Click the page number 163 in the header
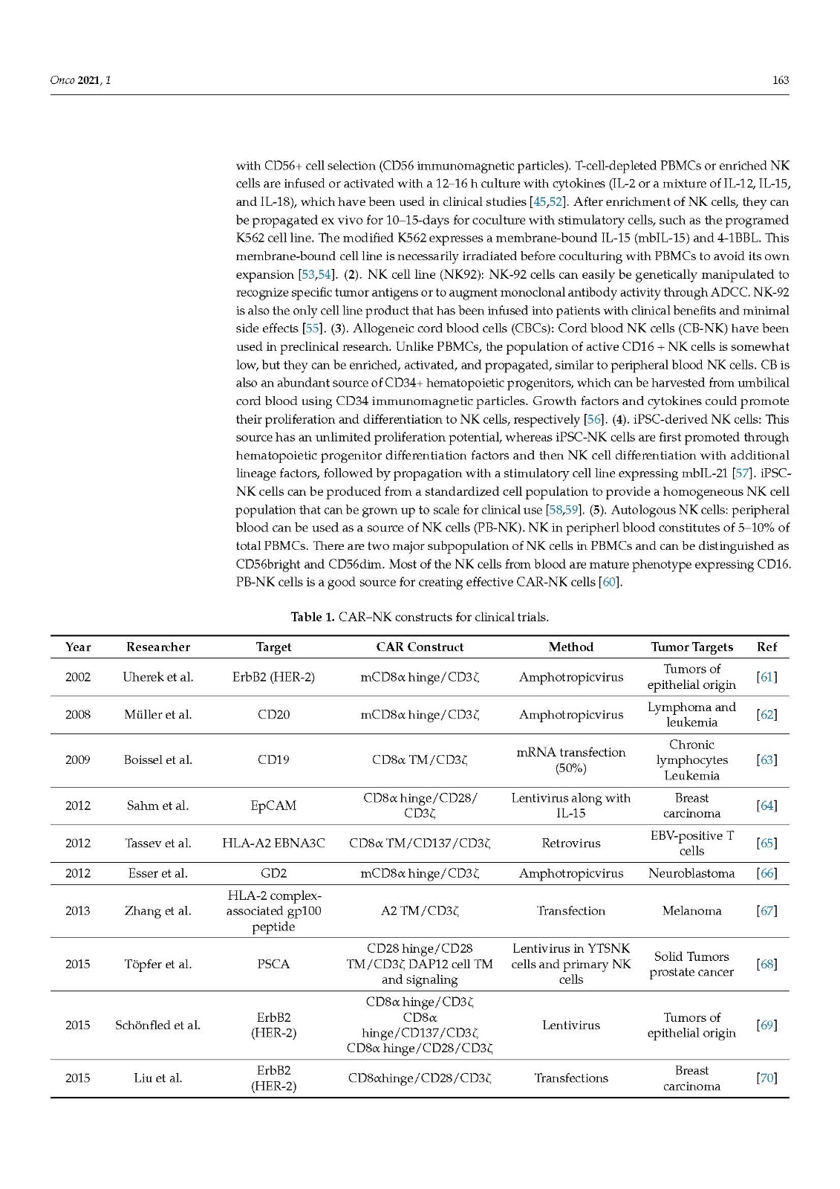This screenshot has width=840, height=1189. click(x=780, y=80)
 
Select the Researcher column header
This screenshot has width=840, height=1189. click(x=158, y=647)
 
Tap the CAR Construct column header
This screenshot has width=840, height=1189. click(x=420, y=647)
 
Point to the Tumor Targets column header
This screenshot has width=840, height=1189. click(x=691, y=647)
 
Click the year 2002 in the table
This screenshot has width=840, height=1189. click(x=78, y=677)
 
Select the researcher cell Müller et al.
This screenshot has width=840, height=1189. click(x=158, y=715)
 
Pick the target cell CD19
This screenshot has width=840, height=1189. click(x=273, y=760)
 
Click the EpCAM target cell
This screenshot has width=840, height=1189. click(x=273, y=806)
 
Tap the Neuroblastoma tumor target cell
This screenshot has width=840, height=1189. click(x=691, y=874)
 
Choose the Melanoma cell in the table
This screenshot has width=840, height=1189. click(x=691, y=911)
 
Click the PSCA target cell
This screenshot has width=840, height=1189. click(x=273, y=965)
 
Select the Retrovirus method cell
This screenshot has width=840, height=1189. click(x=570, y=843)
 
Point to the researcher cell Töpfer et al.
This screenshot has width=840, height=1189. click(x=158, y=965)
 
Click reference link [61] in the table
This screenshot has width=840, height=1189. click(x=766, y=677)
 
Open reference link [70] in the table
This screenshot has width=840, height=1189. click(x=766, y=1078)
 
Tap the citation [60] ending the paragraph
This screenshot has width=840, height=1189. click(x=610, y=583)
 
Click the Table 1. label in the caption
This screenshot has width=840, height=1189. click(x=312, y=618)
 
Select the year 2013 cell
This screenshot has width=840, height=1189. click(x=78, y=911)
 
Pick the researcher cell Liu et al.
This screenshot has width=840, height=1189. click(x=158, y=1078)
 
